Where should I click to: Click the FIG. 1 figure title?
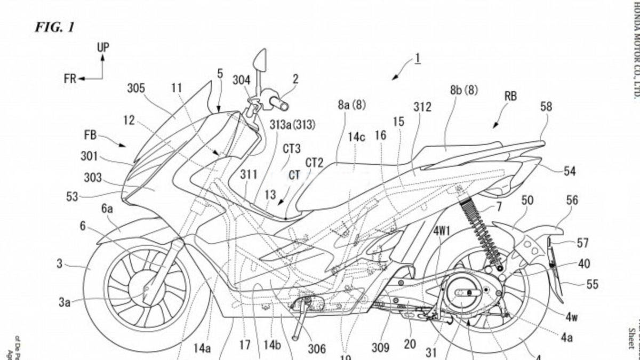pos(54,28)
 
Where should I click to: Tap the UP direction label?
pos(103,47)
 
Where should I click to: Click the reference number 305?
pos(136,89)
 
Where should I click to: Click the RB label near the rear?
pos(510,97)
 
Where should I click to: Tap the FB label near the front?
pos(90,135)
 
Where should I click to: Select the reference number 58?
pos(546,107)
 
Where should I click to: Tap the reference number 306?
pos(316,348)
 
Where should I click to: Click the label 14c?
pos(356,137)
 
